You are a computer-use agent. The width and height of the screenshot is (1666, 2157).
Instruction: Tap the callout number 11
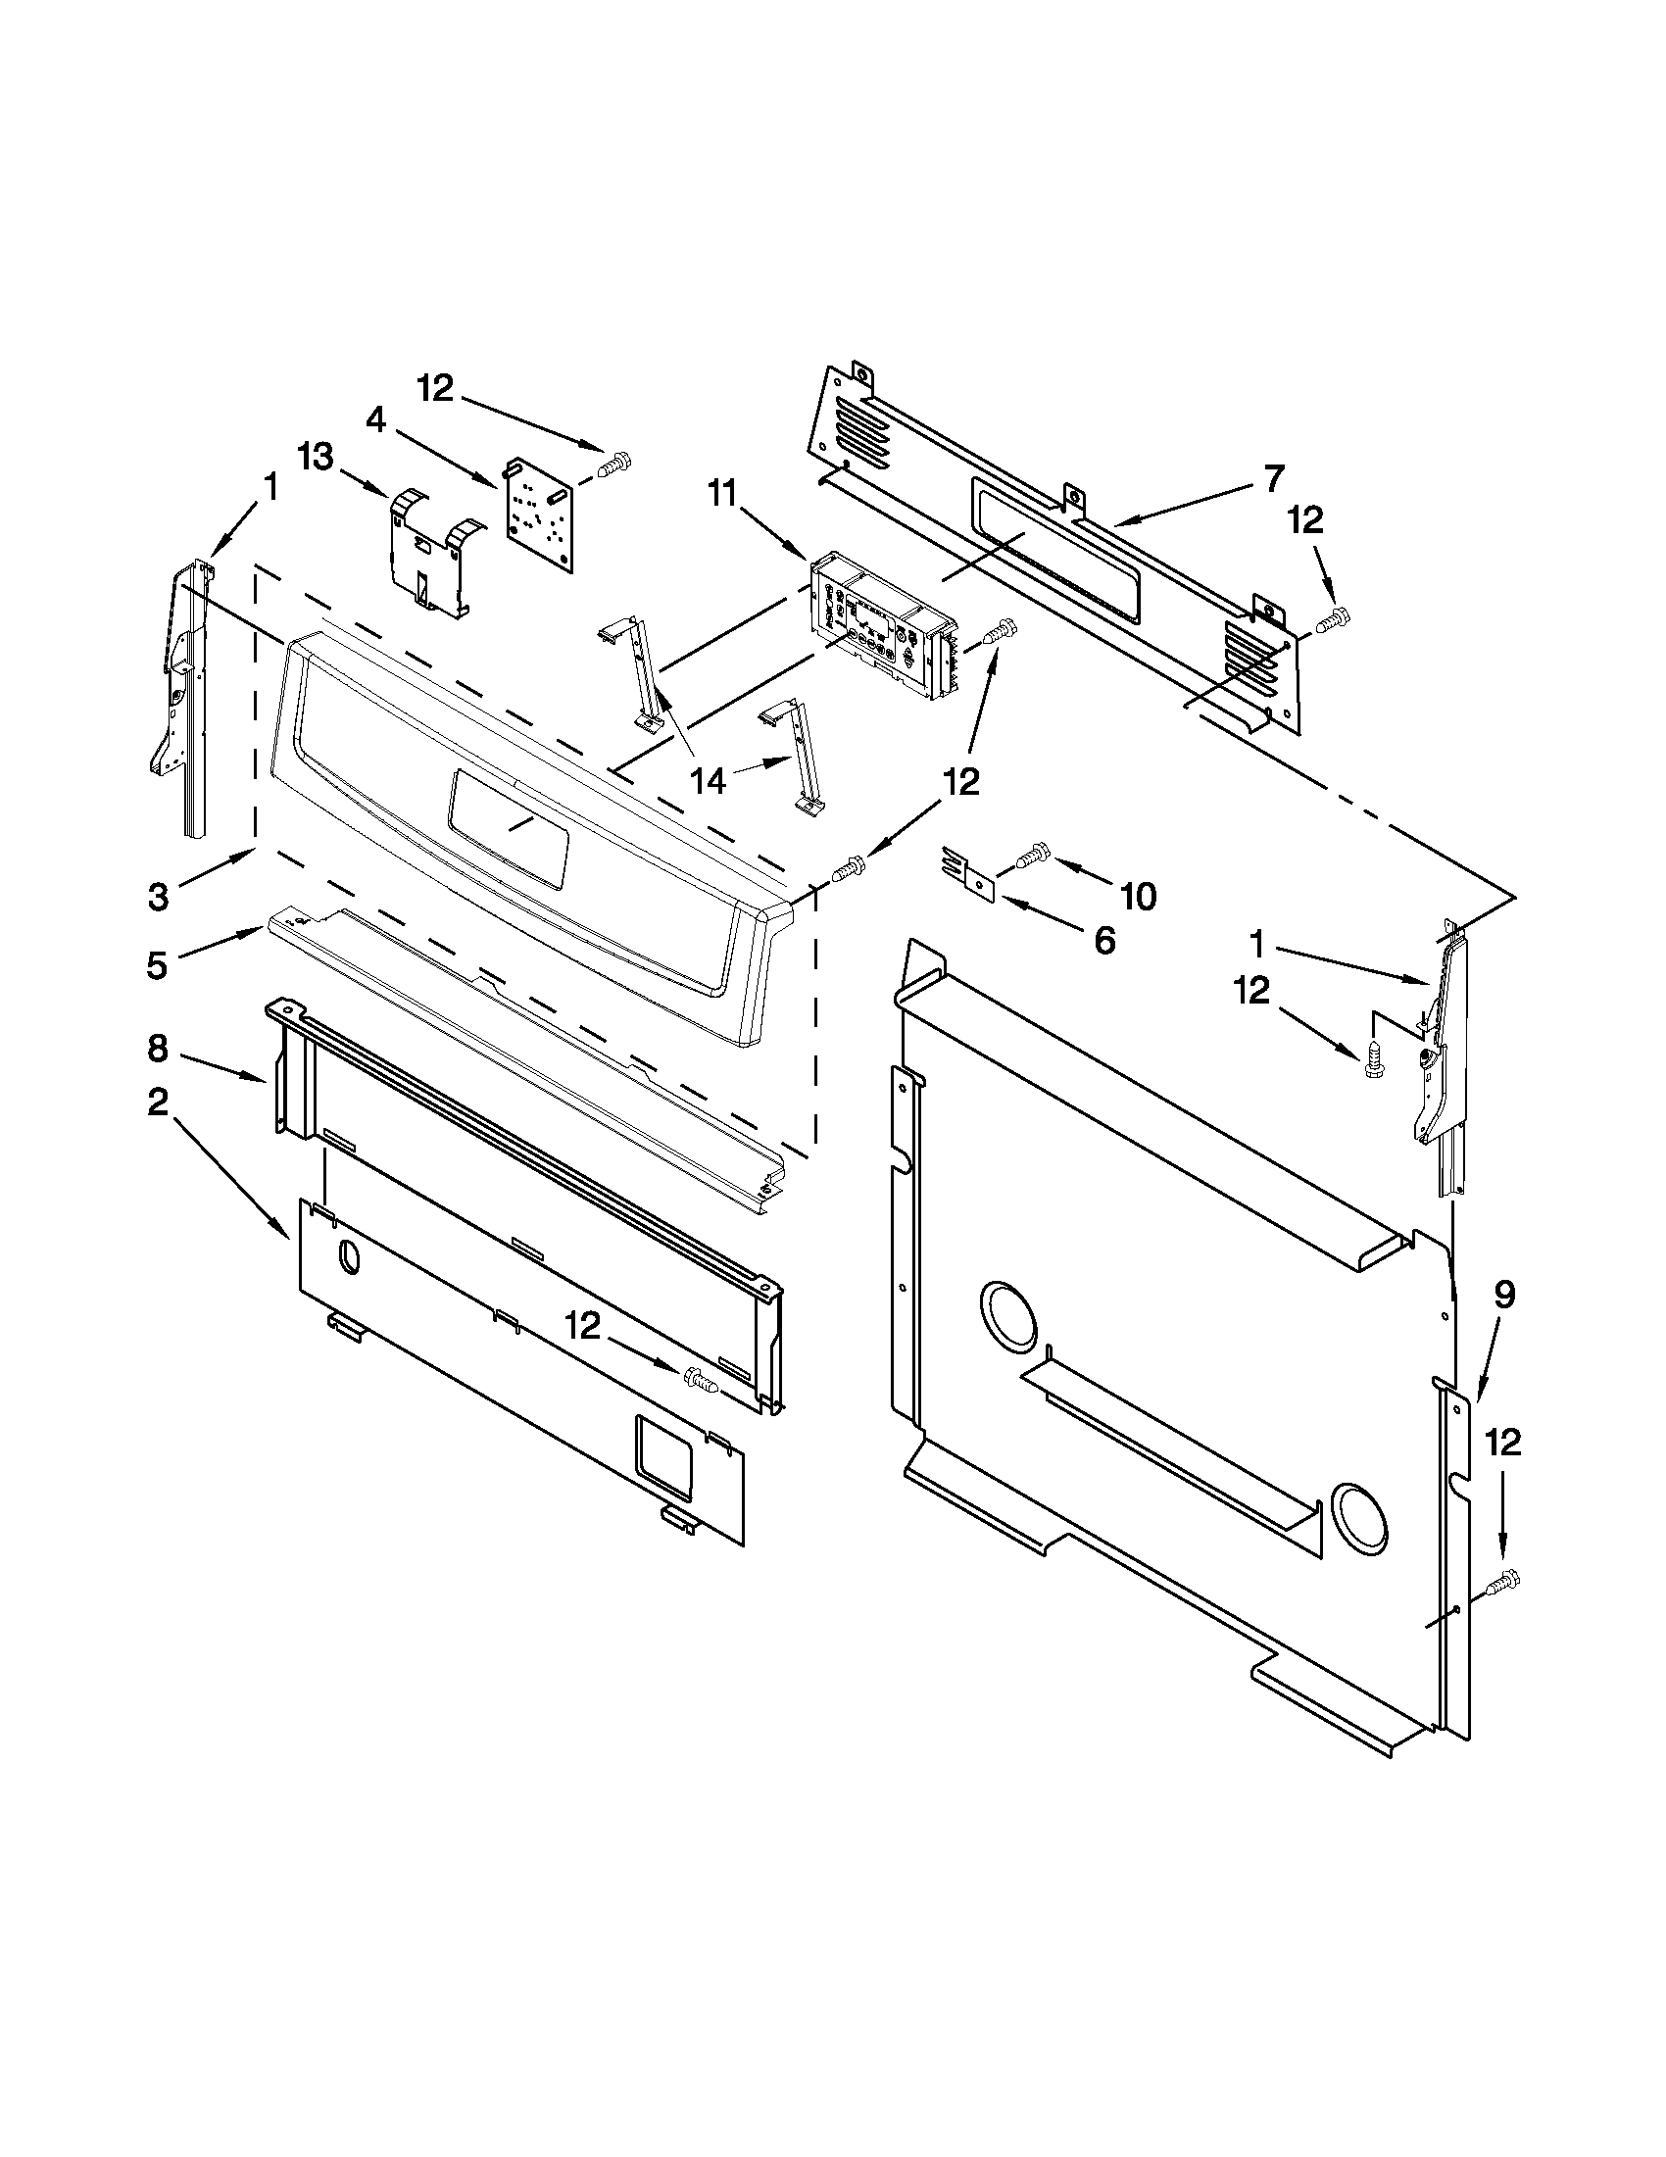723,493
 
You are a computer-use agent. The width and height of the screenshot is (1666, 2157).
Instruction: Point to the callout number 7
1274,478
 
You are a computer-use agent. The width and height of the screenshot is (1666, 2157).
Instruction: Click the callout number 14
709,781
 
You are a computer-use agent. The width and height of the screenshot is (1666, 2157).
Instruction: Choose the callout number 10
1138,897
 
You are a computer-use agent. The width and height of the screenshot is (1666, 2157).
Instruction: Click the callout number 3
159,897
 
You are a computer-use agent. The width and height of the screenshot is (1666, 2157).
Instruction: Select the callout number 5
157,965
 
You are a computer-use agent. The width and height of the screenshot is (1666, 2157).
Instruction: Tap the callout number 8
158,1049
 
